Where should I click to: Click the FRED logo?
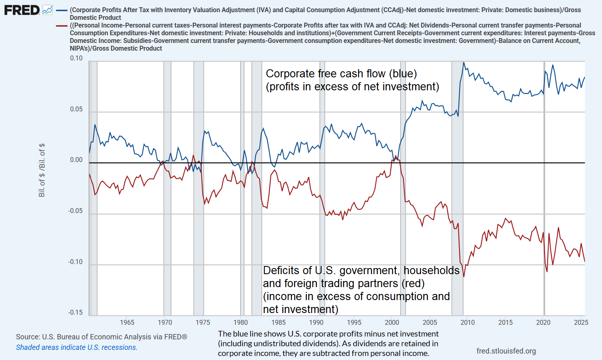(22, 10)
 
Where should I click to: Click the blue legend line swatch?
(62, 10)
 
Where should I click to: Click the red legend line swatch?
(62, 26)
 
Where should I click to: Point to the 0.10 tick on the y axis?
(76, 58)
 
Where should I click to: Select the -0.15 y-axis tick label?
(75, 312)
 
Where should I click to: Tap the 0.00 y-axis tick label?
(76, 160)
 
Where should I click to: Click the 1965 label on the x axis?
(127, 323)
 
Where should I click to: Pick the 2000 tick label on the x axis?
(392, 323)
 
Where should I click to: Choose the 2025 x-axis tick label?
(581, 323)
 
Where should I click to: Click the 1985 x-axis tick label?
(278, 323)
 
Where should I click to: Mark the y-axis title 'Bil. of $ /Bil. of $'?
(42, 170)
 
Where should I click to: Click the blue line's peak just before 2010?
(463, 63)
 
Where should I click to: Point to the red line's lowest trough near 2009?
(464, 277)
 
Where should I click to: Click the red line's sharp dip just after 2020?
(547, 271)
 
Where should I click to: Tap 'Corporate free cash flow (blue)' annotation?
(341, 74)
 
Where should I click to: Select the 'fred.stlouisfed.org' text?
(506, 351)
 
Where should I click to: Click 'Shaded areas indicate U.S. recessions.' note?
(77, 347)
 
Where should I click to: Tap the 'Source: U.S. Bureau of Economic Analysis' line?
(101, 337)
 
